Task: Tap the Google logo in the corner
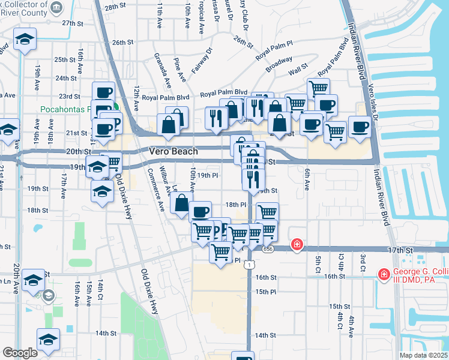(x=20, y=353)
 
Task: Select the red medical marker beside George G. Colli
(x=383, y=274)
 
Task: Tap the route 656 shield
(x=268, y=248)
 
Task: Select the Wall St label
(x=297, y=73)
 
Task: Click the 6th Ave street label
(x=306, y=179)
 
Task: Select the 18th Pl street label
(x=235, y=205)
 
